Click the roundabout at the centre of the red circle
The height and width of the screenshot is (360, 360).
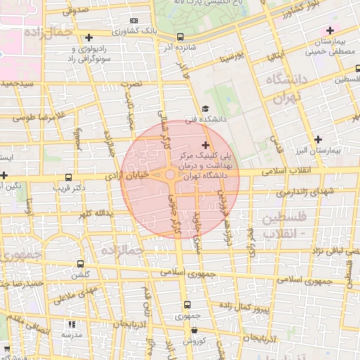(170, 175)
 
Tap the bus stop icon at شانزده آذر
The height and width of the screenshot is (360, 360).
(180, 37)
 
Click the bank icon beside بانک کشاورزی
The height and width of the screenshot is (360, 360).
(134, 21)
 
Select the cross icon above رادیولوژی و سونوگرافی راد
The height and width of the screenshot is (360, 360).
(88, 37)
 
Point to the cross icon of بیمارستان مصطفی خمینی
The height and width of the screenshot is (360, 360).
(330, 30)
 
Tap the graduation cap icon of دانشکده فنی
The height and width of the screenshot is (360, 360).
(205, 109)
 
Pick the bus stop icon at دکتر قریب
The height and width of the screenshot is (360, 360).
(68, 178)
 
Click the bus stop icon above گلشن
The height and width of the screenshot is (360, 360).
(81, 264)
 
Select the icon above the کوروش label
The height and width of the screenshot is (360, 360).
(194, 330)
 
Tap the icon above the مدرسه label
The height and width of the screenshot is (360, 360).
(71, 324)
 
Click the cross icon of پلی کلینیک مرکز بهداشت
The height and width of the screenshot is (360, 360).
(205, 144)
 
